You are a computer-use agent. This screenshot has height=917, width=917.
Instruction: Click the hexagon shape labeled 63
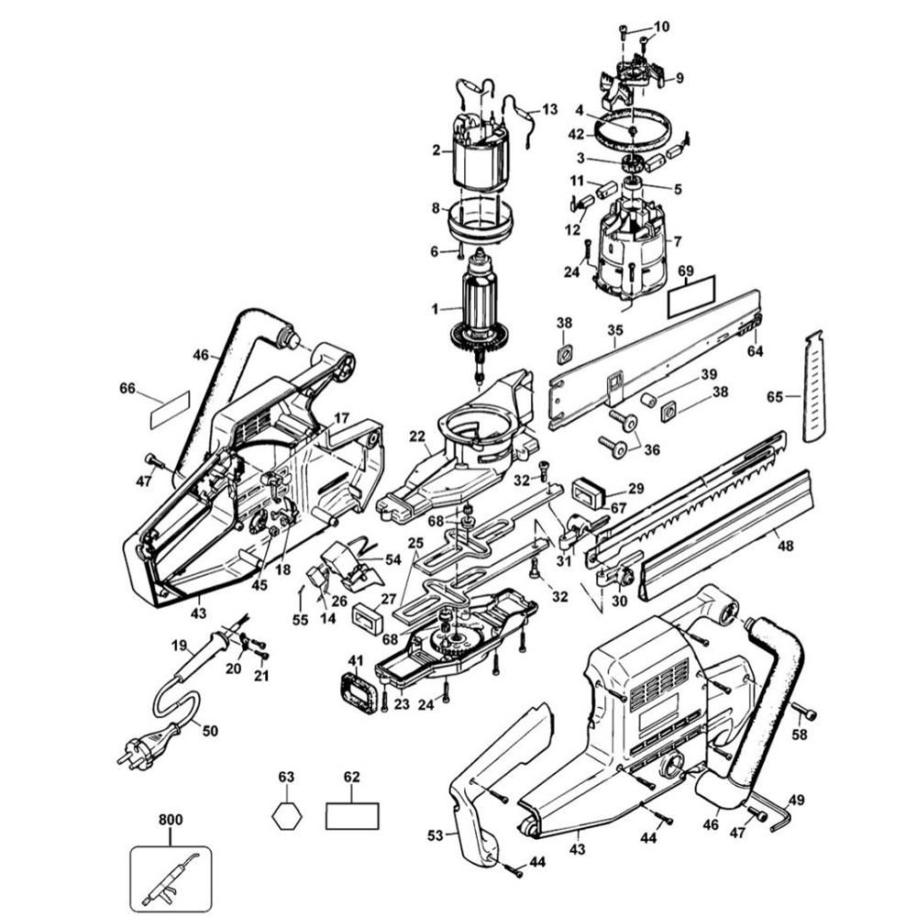[x=287, y=814]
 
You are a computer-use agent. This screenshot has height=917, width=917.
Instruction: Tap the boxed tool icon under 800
[x=171, y=878]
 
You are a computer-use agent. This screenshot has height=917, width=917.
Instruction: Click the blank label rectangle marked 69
[x=692, y=297]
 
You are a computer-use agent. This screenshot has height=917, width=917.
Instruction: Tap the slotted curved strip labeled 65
[x=815, y=385]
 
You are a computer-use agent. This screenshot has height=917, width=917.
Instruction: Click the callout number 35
[x=615, y=328]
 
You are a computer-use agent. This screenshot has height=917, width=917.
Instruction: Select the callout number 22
[x=418, y=436]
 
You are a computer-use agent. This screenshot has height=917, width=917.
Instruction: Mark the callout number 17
[x=341, y=417]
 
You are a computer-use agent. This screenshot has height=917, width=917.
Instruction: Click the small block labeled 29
[x=591, y=492]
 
